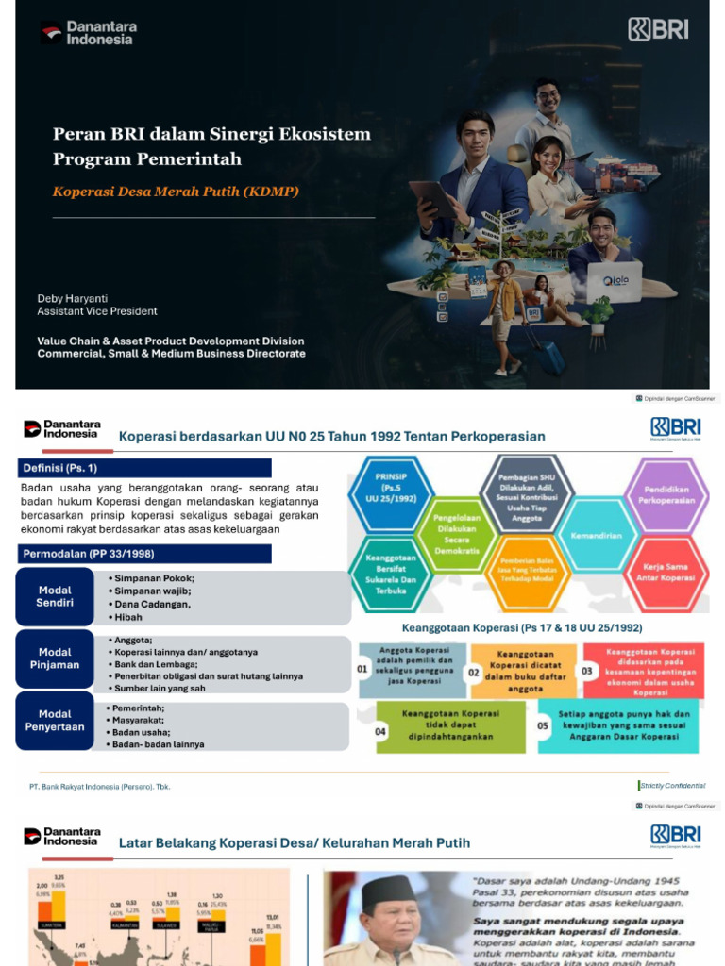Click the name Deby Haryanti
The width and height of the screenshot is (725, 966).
[72, 298]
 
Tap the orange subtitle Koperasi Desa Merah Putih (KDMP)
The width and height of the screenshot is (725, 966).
[176, 192]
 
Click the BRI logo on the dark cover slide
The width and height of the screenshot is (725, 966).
[658, 29]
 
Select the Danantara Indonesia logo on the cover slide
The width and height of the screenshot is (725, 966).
[87, 34]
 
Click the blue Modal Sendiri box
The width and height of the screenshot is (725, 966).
[55, 596]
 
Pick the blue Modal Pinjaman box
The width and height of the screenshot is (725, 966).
[55, 658]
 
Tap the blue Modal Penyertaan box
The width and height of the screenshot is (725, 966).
[55, 721]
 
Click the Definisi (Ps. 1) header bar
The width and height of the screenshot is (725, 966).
[144, 468]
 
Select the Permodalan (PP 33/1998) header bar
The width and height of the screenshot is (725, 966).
[144, 554]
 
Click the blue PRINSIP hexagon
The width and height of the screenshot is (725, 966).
[390, 491]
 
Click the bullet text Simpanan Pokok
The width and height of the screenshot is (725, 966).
[154, 577]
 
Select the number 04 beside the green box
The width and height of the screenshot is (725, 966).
[379, 731]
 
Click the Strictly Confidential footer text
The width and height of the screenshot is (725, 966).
[672, 786]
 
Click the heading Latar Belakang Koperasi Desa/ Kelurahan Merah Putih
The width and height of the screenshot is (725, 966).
[294, 842]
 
